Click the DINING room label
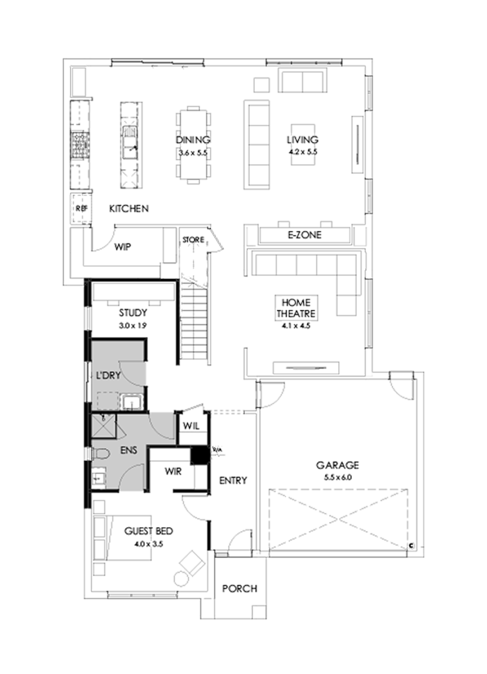(193, 140)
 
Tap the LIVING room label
(302, 140)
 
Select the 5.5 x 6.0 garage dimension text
(338, 477)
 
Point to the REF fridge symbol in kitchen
(81, 208)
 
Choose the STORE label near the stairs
(193, 239)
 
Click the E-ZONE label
(304, 235)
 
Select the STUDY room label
(133, 313)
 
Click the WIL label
(191, 426)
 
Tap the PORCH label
(240, 588)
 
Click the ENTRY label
(233, 480)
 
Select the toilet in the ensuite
(101, 454)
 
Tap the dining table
(193, 146)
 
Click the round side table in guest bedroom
(180, 578)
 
